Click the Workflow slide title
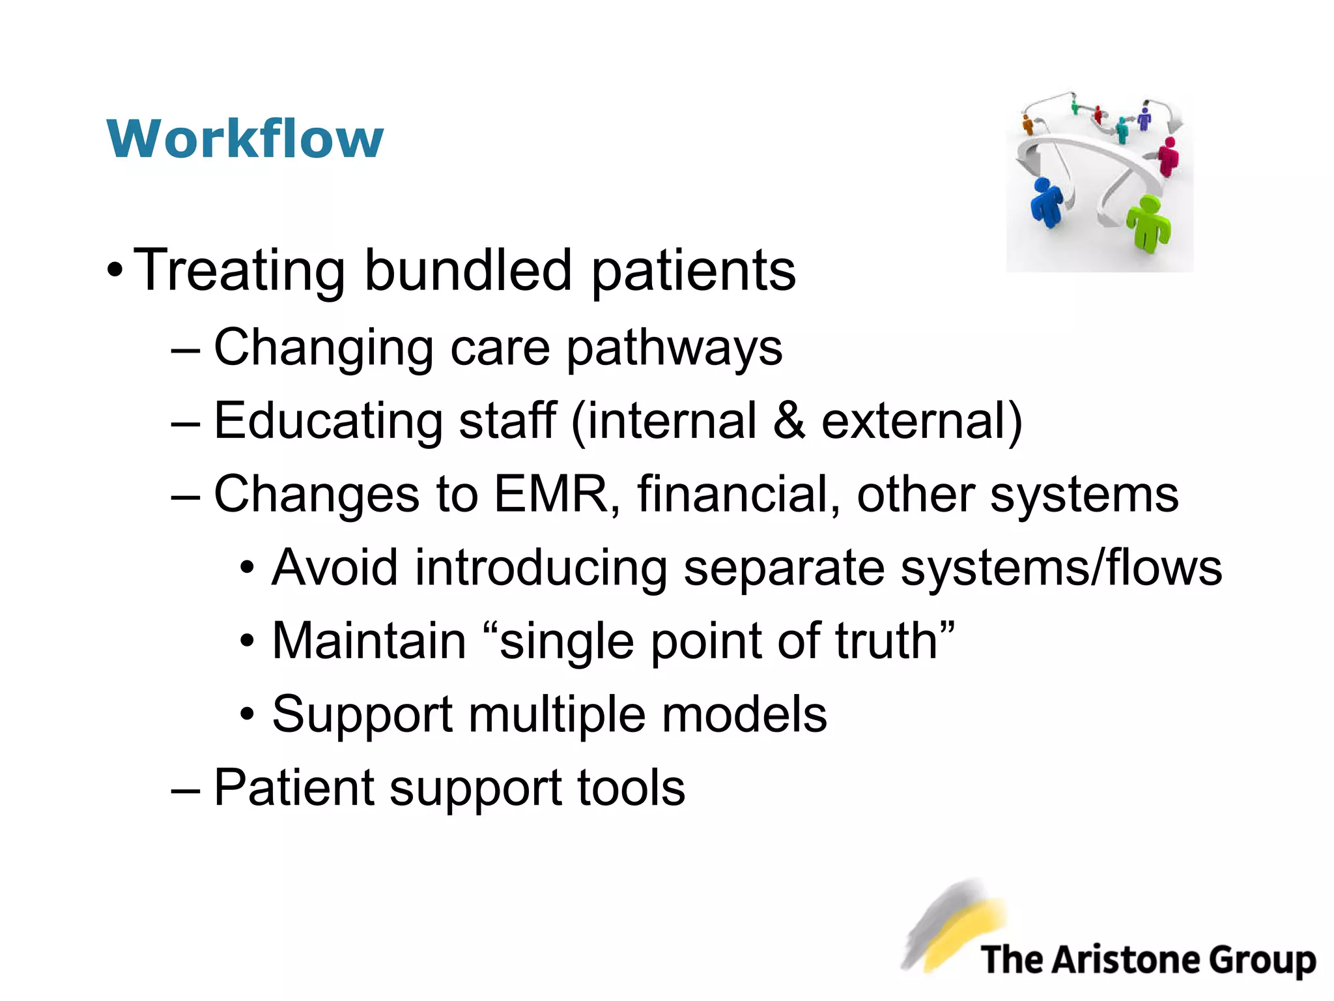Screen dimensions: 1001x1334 point(245,139)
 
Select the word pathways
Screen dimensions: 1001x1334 point(674,348)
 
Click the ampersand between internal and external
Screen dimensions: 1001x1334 point(789,421)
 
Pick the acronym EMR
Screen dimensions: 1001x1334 point(550,494)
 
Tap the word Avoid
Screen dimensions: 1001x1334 point(335,567)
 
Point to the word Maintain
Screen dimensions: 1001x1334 point(369,641)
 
